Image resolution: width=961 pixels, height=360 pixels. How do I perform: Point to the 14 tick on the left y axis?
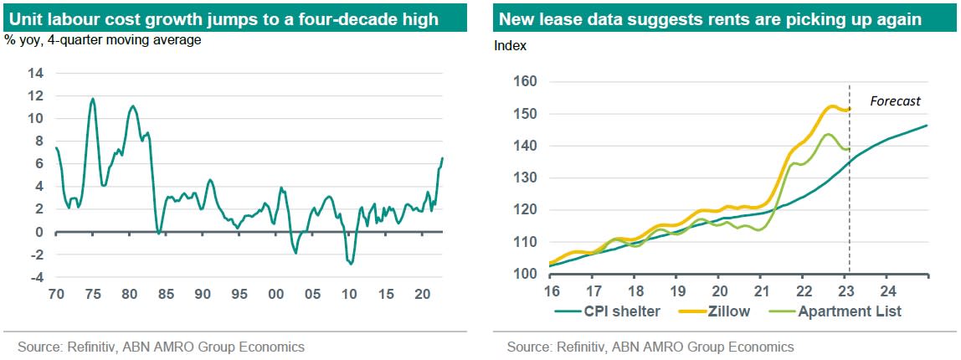pos(36,73)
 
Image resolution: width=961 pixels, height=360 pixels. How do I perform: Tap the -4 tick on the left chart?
pos(36,277)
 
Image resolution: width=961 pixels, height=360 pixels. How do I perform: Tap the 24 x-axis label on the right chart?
pos(888,291)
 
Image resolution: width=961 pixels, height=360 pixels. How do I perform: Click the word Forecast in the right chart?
pos(895,101)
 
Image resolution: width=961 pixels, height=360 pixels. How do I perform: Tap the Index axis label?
pos(511,46)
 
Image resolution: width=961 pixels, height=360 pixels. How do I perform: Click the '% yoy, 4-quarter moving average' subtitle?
pos(103,39)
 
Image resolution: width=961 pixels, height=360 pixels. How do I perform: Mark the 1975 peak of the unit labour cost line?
pos(92,99)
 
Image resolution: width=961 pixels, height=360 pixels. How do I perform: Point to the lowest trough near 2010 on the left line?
pos(350,264)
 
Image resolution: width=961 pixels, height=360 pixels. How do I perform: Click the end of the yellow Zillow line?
pos(850,108)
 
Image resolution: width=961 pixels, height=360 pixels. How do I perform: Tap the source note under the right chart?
pos(650,347)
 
